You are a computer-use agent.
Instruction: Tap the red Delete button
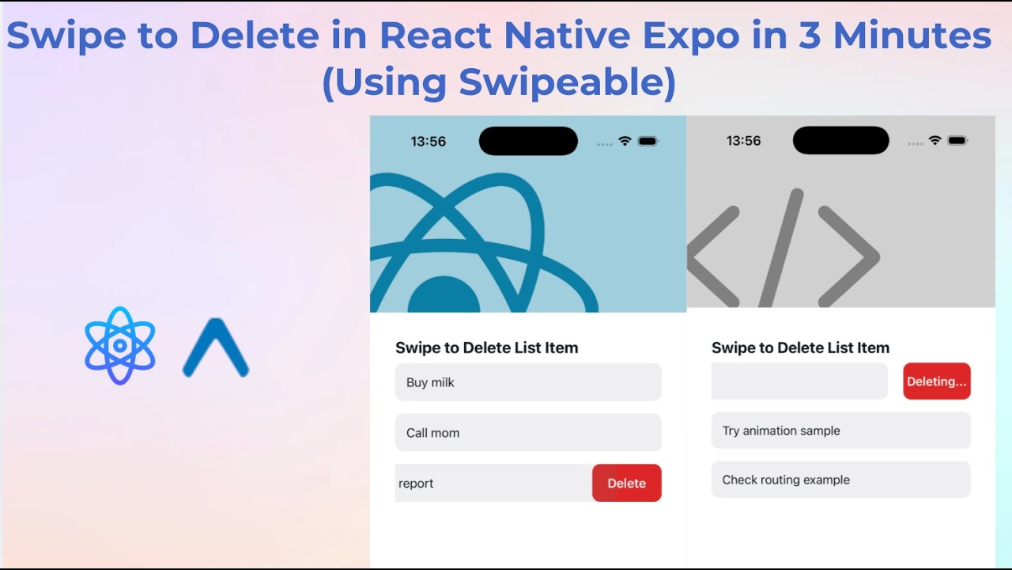click(626, 483)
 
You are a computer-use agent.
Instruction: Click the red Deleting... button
click(936, 382)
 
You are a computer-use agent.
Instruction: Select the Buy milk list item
click(528, 382)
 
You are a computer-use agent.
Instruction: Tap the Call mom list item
click(528, 432)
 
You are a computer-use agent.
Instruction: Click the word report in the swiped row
click(416, 484)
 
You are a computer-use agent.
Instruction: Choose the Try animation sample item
click(840, 431)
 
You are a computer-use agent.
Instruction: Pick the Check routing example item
click(840, 480)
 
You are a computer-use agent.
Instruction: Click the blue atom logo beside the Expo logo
click(120, 346)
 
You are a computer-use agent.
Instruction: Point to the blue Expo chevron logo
click(216, 348)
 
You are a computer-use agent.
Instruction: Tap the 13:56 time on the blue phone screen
click(429, 142)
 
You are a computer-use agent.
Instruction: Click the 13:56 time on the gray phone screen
click(743, 141)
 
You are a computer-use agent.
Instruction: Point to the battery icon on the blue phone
click(648, 141)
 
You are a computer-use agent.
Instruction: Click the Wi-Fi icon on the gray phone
click(935, 140)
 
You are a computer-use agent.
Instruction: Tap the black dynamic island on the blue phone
click(528, 141)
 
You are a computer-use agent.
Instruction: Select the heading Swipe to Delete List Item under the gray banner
click(800, 348)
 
